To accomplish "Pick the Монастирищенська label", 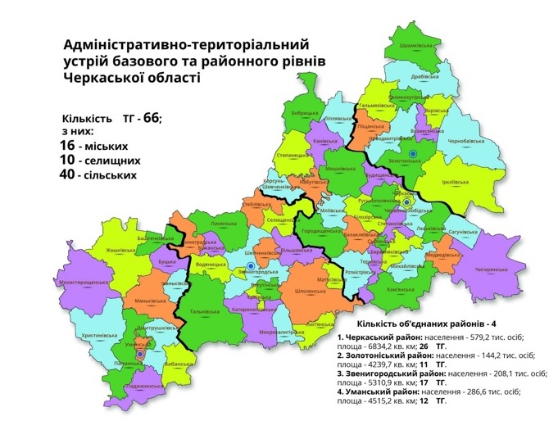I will [78, 282].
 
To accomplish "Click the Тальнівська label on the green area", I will [204, 311].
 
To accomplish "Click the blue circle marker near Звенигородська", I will [250, 265].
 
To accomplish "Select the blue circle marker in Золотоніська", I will [413, 153].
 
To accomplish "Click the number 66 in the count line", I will [151, 118].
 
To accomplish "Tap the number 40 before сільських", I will [68, 174].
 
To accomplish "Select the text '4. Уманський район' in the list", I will [379, 392].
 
